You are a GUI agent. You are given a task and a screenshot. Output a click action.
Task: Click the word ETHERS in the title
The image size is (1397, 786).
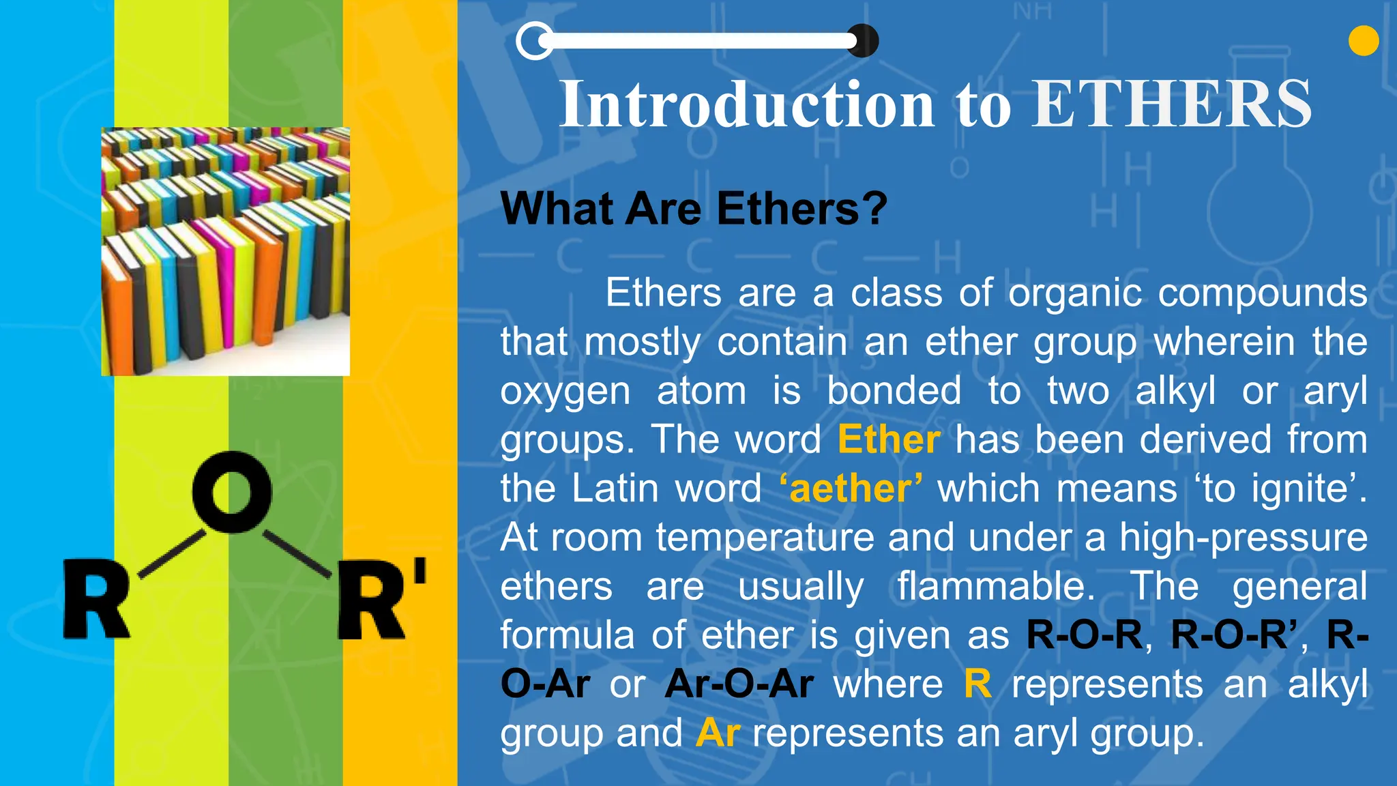coord(1171,104)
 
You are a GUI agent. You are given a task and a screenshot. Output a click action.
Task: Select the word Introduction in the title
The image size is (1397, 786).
coord(747,104)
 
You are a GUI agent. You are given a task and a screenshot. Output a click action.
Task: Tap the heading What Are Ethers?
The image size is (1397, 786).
coord(694,208)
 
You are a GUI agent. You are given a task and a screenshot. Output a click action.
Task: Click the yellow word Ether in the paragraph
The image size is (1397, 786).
coord(889,439)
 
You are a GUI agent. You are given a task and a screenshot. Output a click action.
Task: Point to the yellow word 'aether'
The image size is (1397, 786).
coord(851,489)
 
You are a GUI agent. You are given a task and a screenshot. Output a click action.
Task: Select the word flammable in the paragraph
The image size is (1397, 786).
coord(995,586)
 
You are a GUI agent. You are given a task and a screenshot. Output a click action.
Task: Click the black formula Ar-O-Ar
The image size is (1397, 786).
coord(739,684)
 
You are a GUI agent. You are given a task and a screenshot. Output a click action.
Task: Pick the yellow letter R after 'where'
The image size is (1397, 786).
coord(977,684)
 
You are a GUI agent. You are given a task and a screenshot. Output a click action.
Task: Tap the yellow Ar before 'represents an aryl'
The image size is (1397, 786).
coord(718,733)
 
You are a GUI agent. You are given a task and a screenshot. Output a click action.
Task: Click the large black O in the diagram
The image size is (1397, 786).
coord(232,491)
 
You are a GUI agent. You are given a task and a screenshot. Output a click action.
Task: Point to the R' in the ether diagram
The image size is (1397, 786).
coord(381,599)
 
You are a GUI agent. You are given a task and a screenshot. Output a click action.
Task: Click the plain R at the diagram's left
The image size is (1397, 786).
coord(96,599)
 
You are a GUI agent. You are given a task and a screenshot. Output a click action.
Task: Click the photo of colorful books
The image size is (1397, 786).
coord(225,251)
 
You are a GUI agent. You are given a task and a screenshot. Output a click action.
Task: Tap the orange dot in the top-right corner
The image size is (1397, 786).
coord(1364,40)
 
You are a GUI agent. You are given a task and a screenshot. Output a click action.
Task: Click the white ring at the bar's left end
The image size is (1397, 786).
coord(534,41)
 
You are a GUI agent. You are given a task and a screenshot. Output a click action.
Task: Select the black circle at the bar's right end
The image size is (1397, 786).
coord(864,41)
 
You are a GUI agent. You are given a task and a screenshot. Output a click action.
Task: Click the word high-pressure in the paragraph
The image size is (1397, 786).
coord(1243,538)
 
